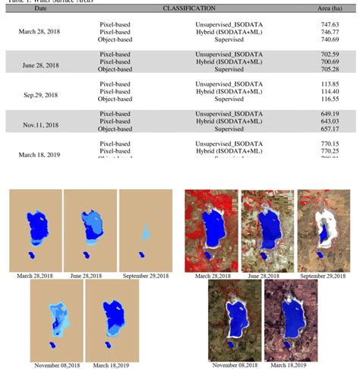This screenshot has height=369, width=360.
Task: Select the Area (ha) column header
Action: click(328, 8)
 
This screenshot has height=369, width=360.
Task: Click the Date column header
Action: click(40, 8)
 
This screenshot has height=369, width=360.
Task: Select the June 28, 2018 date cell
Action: click(41, 66)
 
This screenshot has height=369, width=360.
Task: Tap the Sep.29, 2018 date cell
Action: click(41, 96)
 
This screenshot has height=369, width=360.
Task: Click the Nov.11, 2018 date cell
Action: click(41, 125)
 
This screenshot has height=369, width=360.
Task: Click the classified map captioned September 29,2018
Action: click(145, 229)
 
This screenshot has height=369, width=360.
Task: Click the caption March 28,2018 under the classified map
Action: click(35, 276)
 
